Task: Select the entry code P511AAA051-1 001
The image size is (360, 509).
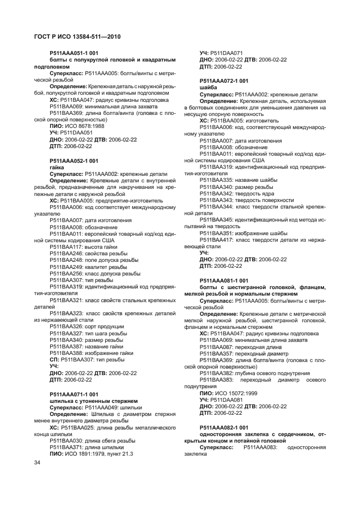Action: [74, 53]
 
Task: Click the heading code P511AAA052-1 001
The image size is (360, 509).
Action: [74, 161]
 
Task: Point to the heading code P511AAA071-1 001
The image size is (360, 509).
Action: [74, 394]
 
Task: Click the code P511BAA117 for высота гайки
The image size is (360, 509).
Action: [65, 247]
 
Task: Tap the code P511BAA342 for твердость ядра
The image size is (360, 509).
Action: [215, 194]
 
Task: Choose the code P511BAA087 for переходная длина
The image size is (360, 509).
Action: [215, 347]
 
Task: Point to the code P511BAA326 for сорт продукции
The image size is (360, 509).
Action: [65, 327]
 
